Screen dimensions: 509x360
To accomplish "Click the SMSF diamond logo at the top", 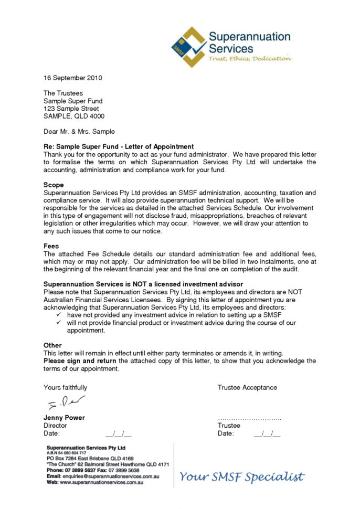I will point(188,47).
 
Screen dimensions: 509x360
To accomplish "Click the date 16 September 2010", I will point(72,78).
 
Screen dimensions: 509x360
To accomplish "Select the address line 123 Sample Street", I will point(71,109).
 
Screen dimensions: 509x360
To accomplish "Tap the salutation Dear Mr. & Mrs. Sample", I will point(79,132).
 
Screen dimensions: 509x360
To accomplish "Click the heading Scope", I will point(54,185).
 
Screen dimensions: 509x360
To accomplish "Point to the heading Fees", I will point(51,246).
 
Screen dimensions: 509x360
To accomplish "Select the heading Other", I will point(52,345).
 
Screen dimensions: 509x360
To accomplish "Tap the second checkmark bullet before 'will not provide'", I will point(59,323).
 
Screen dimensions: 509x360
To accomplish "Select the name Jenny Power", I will point(64,418).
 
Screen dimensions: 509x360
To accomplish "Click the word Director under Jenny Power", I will point(55,426).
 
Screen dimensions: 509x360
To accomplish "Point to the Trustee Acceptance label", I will point(247,388).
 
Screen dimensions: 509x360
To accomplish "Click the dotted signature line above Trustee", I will point(249,419).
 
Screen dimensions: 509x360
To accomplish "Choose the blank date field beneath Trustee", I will point(267,434).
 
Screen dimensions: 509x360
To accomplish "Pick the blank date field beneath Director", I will point(118,434).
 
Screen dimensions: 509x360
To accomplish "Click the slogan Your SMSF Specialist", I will point(241,477).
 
